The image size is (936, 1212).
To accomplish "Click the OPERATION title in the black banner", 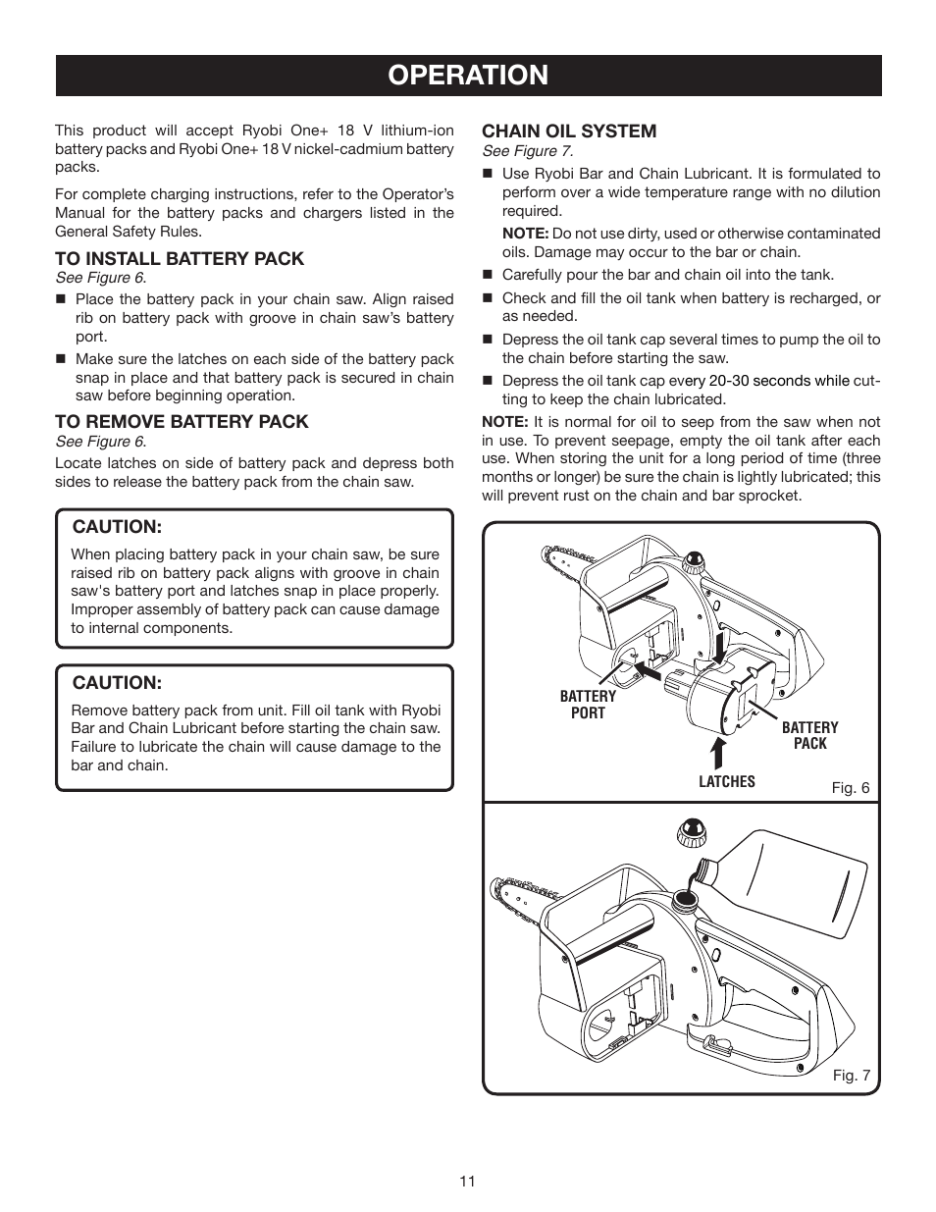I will click(468, 76).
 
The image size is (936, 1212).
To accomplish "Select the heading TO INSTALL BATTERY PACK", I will click(180, 259).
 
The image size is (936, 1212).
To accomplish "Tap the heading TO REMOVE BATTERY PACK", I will click(182, 422).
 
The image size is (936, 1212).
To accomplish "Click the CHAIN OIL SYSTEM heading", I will click(569, 132).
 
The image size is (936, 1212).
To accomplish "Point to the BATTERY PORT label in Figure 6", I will click(588, 705).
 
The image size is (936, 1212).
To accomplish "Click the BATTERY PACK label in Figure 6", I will click(809, 735).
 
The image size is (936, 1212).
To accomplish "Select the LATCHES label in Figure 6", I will click(727, 782).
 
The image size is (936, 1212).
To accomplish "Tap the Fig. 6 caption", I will click(851, 788).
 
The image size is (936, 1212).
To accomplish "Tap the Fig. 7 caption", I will click(851, 1076).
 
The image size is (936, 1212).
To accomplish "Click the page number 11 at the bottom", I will click(467, 1182).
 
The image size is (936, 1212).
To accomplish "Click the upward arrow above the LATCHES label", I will click(718, 752).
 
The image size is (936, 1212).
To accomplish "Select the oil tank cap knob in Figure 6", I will click(696, 563).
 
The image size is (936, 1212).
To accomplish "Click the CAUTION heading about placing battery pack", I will click(117, 527).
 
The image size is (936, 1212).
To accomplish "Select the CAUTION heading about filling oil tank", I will click(117, 683).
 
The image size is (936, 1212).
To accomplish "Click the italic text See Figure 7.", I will click(527, 151).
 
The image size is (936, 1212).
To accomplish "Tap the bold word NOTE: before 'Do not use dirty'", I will click(525, 234).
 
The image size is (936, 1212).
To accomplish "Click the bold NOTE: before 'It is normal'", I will click(504, 422).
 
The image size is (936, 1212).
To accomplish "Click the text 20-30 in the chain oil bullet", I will click(731, 381).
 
